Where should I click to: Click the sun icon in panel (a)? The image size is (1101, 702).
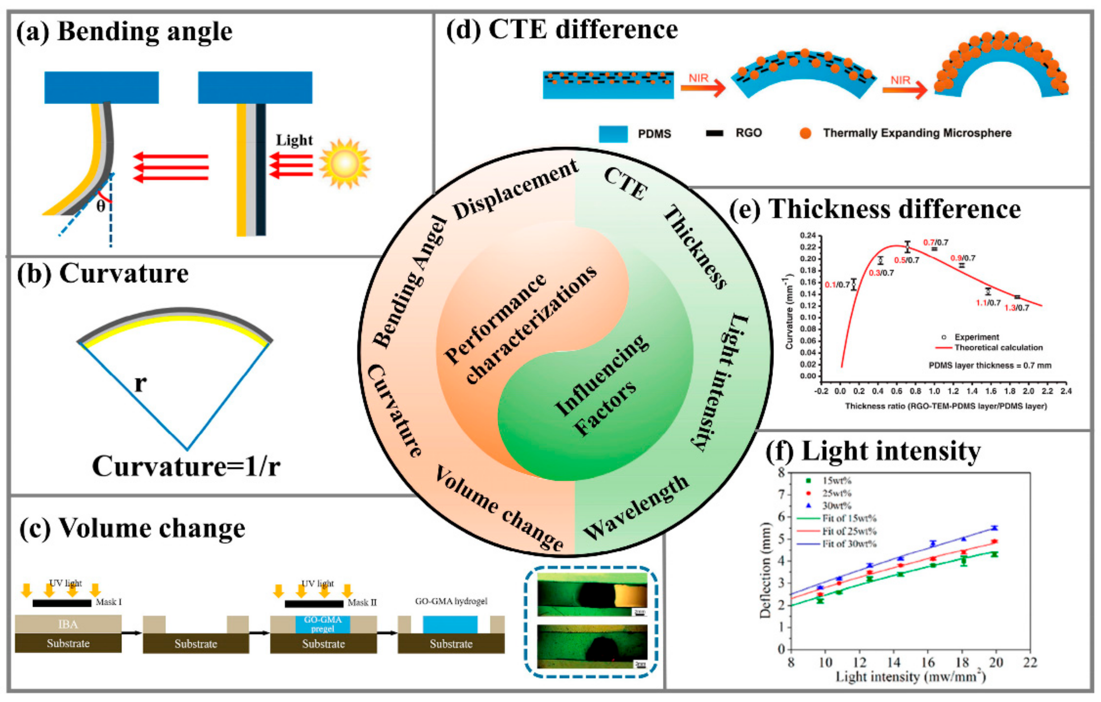point(344,163)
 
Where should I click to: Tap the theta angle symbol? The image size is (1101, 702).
point(100,207)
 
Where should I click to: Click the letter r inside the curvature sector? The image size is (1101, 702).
point(140,383)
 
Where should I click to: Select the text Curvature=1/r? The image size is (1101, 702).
point(186,467)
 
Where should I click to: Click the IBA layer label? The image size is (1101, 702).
point(68,624)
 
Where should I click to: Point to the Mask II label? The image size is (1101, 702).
point(362,603)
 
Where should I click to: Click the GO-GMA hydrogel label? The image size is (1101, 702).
point(451,601)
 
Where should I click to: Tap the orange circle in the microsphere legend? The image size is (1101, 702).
point(805,133)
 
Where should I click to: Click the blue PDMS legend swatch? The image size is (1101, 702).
point(613,134)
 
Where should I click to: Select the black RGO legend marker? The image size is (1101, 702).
point(715,133)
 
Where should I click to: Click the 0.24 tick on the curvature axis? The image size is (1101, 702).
point(807,235)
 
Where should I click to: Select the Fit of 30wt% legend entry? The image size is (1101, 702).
point(849,544)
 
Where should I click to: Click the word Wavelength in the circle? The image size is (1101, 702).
point(636,507)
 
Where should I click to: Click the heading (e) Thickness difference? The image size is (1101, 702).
point(875,210)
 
